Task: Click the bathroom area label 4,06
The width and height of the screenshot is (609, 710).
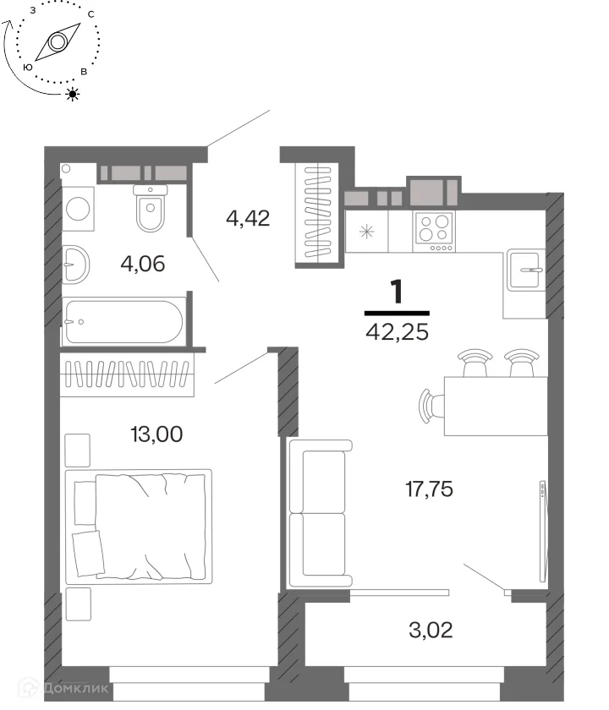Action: (143, 264)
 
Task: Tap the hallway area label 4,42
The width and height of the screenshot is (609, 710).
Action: (248, 218)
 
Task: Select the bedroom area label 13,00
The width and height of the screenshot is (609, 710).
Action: (156, 434)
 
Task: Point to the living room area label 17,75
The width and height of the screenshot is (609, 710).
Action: (429, 489)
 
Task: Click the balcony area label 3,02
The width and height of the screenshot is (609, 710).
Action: (431, 630)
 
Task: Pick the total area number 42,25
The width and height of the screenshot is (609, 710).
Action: (397, 332)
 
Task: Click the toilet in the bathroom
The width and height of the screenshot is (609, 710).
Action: (151, 208)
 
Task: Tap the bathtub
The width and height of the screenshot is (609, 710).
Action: (123, 321)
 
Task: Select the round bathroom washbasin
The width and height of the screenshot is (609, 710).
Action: (75, 265)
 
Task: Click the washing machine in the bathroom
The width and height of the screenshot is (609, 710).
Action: (78, 209)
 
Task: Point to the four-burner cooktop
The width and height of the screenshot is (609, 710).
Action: (434, 232)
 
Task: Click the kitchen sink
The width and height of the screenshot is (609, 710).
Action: (525, 270)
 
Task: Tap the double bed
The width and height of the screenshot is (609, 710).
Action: (139, 527)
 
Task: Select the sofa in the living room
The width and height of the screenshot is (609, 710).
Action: (321, 514)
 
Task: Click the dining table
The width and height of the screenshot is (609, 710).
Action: (496, 406)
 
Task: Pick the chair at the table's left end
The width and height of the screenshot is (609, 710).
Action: (431, 406)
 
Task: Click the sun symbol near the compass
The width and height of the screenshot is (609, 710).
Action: (73, 94)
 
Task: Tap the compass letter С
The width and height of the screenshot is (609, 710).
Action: (91, 14)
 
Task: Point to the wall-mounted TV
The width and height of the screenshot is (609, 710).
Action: (543, 531)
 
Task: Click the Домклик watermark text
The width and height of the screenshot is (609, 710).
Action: (75, 688)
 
